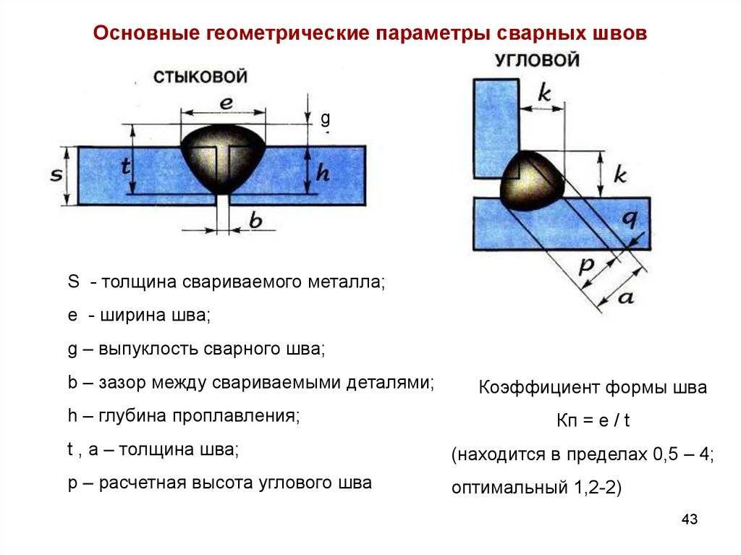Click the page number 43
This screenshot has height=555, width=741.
point(690,519)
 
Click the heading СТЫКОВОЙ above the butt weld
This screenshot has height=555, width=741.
point(200,77)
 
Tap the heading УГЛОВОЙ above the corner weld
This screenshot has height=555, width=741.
point(538,60)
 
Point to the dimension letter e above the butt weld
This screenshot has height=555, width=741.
point(226,103)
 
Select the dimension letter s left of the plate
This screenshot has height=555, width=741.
point(56,175)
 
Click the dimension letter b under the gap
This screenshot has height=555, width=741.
point(255,220)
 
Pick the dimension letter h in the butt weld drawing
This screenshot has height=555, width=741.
point(322,172)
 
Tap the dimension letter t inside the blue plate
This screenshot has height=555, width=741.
point(125,166)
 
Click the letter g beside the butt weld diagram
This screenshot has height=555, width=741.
point(325,118)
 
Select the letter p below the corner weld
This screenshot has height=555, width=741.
point(587,266)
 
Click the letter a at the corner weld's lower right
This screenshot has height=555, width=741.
point(626,297)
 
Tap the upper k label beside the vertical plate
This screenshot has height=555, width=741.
point(544,93)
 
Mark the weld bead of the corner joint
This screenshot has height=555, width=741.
point(531,182)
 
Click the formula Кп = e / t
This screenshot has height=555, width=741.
point(593,420)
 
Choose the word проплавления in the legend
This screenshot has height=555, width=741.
point(235,416)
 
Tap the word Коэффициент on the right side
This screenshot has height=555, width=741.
point(538,387)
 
